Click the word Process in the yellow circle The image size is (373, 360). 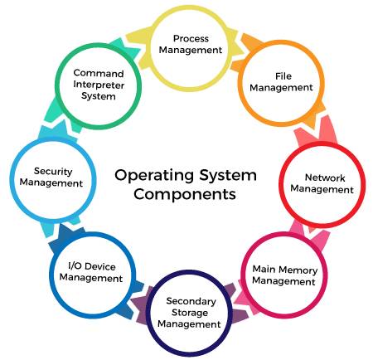click(x=191, y=38)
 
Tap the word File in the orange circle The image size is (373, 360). click(x=283, y=76)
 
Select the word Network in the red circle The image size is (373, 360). click(x=325, y=178)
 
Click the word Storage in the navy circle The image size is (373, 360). click(x=190, y=313)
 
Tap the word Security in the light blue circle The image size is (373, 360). click(x=53, y=172)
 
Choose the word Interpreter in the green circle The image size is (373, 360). click(x=99, y=85)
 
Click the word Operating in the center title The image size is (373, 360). click(x=154, y=176)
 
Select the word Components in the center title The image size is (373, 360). click(x=185, y=194)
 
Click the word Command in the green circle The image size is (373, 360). click(x=99, y=73)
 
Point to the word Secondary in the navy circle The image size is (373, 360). click(x=191, y=301)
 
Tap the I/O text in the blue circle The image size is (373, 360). click(x=75, y=266)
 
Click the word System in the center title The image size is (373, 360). click(x=228, y=176)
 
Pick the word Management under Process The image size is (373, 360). click(x=191, y=50)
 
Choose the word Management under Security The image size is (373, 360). click(x=51, y=183)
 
